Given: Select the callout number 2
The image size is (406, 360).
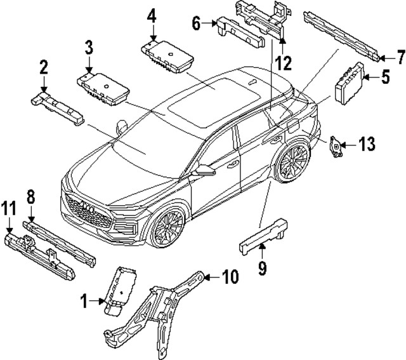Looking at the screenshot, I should tap(43, 66).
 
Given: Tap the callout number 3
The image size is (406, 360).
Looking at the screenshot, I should tap(89, 46).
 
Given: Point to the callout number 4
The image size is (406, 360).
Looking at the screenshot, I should tap(151, 15).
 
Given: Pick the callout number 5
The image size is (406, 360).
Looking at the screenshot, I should tap(385, 80).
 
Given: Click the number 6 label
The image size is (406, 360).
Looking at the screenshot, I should tap(196, 23).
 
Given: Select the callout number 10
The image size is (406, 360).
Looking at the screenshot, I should tap(230, 277).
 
